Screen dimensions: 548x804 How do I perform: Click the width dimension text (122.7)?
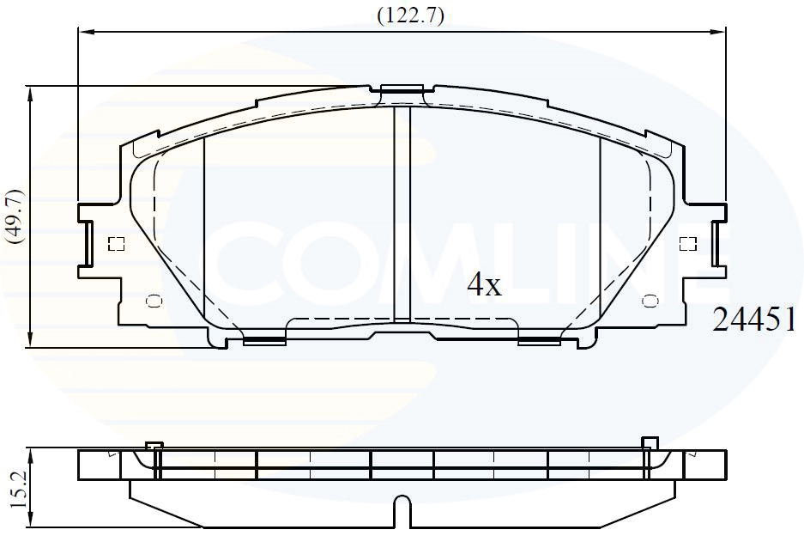pyautogui.click(x=410, y=15)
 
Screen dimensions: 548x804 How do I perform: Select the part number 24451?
pyautogui.click(x=755, y=320)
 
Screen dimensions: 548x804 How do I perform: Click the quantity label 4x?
pyautogui.click(x=483, y=284)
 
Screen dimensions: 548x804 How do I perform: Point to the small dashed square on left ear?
pyautogui.click(x=116, y=244)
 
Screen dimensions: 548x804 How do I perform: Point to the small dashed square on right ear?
pyautogui.click(x=687, y=244)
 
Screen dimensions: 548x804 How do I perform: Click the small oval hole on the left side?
pyautogui.click(x=154, y=301)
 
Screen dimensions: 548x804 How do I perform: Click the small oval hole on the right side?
pyautogui.click(x=650, y=301)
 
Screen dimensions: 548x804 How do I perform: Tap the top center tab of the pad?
pyautogui.click(x=402, y=88)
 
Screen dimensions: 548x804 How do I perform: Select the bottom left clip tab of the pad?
pyautogui.click(x=264, y=341)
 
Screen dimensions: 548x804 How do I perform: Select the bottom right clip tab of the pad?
pyautogui.click(x=539, y=341)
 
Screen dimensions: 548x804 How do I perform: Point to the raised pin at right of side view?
pyautogui.click(x=650, y=443)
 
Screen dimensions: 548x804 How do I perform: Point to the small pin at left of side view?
pyautogui.click(x=154, y=445)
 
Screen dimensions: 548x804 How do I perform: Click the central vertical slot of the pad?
pyautogui.click(x=402, y=210)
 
